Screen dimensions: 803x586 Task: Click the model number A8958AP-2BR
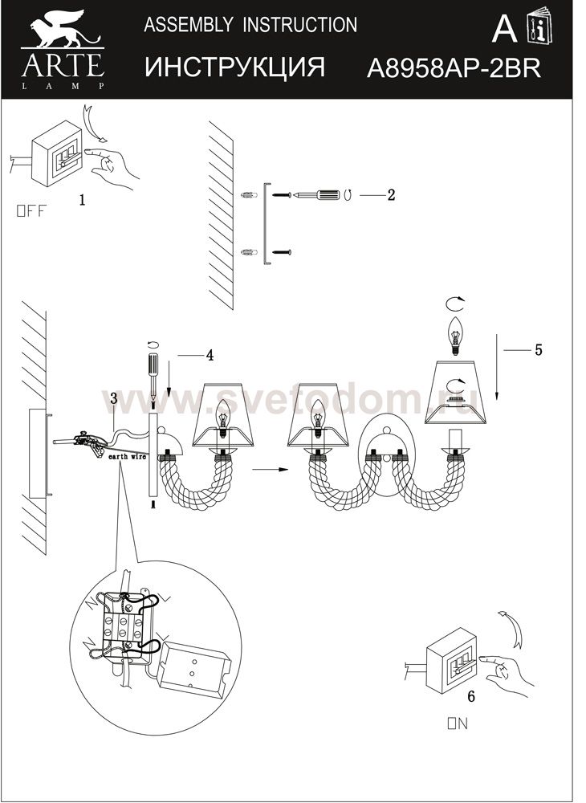pyautogui.click(x=453, y=69)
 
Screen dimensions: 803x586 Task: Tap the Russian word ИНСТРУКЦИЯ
pyautogui.click(x=234, y=67)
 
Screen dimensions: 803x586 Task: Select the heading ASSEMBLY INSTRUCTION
pyautogui.click(x=250, y=25)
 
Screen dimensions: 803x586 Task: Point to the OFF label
pyautogui.click(x=32, y=212)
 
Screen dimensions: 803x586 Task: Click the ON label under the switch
pyautogui.click(x=458, y=724)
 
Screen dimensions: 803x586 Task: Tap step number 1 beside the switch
pyautogui.click(x=82, y=201)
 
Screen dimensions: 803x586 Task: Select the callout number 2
pyautogui.click(x=391, y=194)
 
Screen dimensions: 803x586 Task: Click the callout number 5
pyautogui.click(x=539, y=349)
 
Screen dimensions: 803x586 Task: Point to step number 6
pyautogui.click(x=471, y=697)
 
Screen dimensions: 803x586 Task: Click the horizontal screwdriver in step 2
pyautogui.click(x=319, y=194)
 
